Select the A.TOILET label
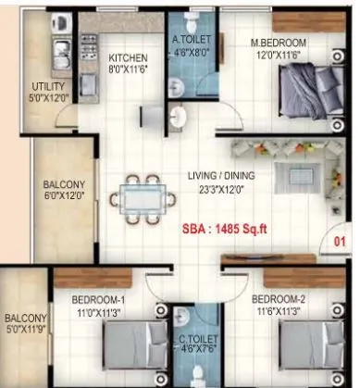[192, 41]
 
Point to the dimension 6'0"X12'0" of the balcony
[63, 196]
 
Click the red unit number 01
[338, 244]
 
